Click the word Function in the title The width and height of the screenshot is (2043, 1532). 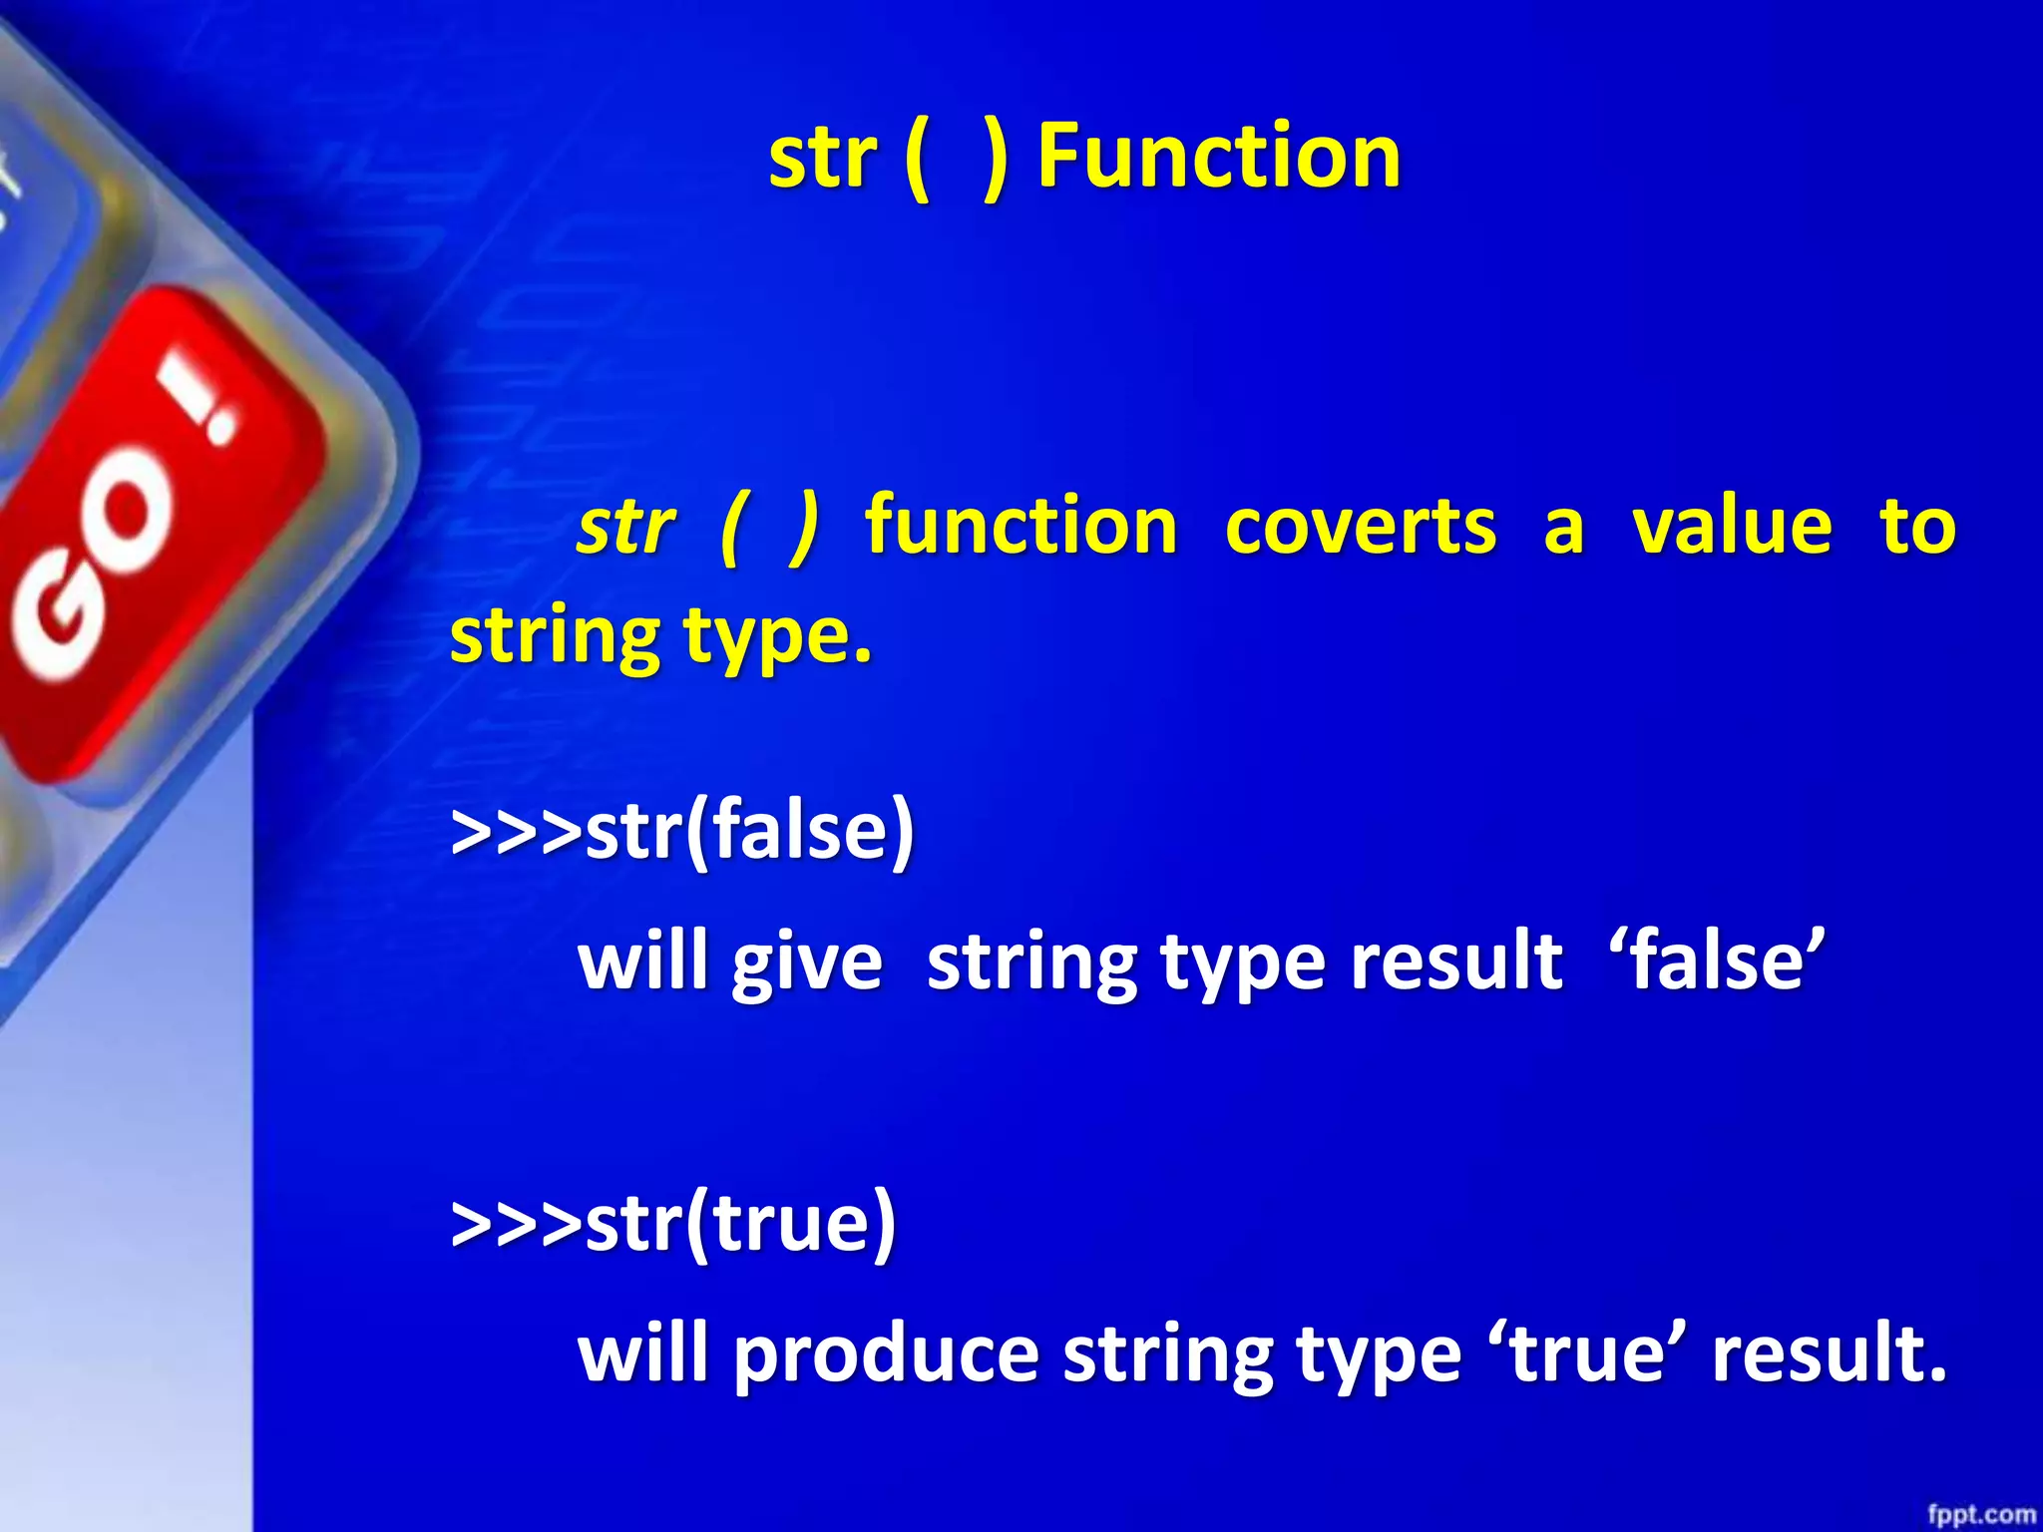[x=1219, y=157]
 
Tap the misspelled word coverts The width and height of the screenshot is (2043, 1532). [x=1360, y=526]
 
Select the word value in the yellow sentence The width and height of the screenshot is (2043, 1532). [x=1732, y=526]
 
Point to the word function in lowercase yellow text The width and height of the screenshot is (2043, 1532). [x=1021, y=526]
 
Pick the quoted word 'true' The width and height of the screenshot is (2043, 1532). [x=1585, y=1353]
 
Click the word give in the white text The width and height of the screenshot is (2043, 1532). [x=807, y=963]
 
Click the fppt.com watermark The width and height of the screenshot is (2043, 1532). [x=1979, y=1514]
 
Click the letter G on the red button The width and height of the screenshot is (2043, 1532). [x=60, y=623]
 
